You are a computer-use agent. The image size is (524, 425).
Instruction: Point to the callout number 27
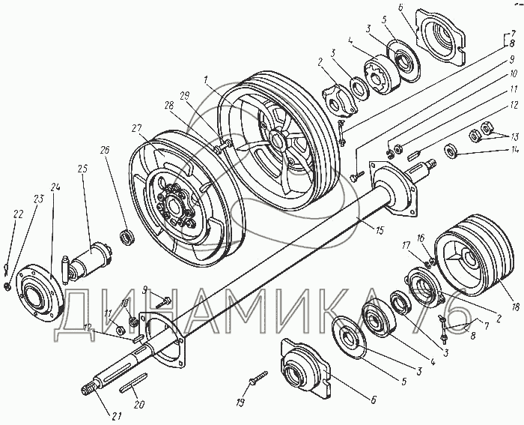tap(135, 128)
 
